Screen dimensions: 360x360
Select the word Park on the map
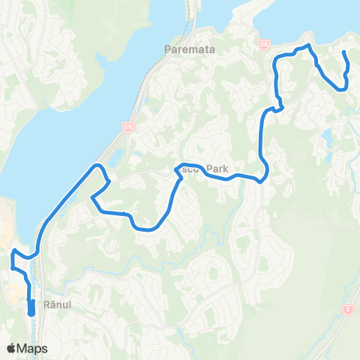click(x=212, y=169)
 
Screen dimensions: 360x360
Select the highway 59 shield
click(x=128, y=128)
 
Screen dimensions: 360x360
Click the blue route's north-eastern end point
click(x=344, y=52)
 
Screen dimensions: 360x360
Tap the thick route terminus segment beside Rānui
click(x=31, y=307)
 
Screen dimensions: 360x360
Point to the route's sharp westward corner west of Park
click(x=91, y=198)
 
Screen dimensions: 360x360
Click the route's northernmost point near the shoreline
click(x=307, y=46)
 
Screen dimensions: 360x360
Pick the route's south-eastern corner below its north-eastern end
click(x=343, y=88)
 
